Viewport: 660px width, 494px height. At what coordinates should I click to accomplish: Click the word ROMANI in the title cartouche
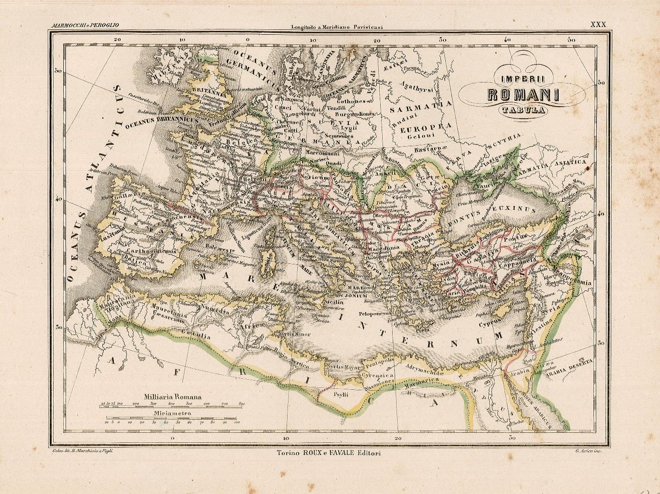tap(523, 94)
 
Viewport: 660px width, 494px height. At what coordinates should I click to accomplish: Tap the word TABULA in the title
tap(523, 110)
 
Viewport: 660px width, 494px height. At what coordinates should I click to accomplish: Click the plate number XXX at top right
tap(598, 24)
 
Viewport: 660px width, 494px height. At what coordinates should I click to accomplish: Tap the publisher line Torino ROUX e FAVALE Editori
tap(329, 453)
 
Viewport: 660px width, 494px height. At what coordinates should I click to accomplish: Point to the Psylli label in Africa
tap(341, 394)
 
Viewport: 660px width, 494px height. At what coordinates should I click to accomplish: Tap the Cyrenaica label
tap(381, 375)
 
